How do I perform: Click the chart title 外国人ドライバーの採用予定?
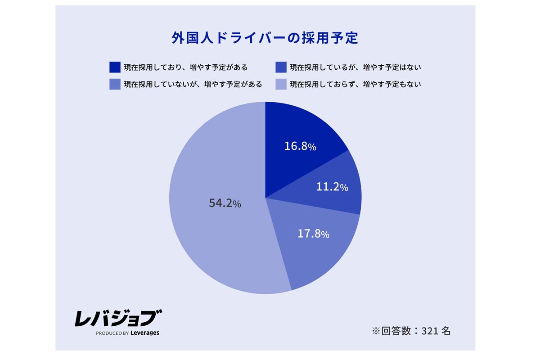(265, 38)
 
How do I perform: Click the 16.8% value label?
(301, 146)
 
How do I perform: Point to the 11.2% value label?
(332, 187)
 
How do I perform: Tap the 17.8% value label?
(314, 234)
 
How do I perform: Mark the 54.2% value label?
(225, 203)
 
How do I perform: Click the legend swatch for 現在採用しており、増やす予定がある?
(115, 67)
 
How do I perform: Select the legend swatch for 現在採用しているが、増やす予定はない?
(281, 67)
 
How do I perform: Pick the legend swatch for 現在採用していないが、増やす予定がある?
(115, 84)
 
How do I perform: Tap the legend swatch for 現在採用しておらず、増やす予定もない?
(281, 84)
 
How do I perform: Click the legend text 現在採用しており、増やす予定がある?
(186, 67)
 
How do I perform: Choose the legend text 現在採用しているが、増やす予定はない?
(355, 67)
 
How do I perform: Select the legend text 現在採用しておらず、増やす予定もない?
(355, 84)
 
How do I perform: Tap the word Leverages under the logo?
(145, 333)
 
